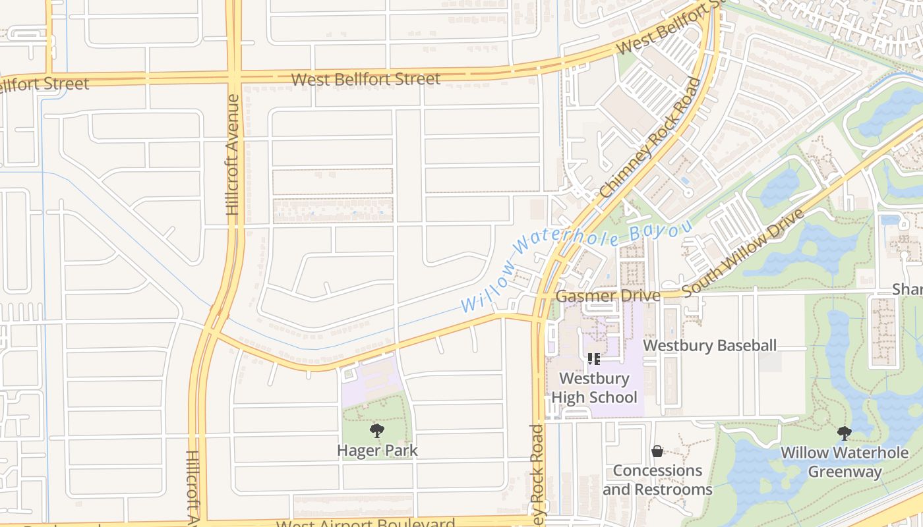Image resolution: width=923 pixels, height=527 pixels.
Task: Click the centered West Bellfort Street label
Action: (x=365, y=80)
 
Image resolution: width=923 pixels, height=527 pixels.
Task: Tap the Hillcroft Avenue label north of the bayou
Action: (x=233, y=154)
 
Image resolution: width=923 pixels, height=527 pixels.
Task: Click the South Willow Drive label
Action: (x=743, y=253)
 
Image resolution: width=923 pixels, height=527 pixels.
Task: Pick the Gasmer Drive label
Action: (x=607, y=296)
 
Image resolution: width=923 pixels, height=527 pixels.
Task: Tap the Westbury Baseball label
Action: (x=709, y=345)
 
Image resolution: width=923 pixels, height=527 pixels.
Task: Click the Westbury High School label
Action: (x=594, y=388)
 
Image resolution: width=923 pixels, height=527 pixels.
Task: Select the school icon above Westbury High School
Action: (x=593, y=359)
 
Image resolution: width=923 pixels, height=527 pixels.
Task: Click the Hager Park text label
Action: (x=377, y=451)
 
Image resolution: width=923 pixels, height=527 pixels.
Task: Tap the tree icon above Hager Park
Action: (x=376, y=431)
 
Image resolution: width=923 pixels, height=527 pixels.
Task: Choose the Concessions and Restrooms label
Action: (x=657, y=480)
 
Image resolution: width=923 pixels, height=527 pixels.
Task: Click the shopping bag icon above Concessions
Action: (x=657, y=451)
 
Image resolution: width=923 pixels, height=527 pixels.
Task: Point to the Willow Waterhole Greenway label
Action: (x=845, y=462)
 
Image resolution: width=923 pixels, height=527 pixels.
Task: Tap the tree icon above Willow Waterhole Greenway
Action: (x=844, y=433)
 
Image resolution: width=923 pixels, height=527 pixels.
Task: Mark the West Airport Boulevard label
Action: (x=365, y=524)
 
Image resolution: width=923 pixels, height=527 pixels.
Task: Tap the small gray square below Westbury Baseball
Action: (x=769, y=362)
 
